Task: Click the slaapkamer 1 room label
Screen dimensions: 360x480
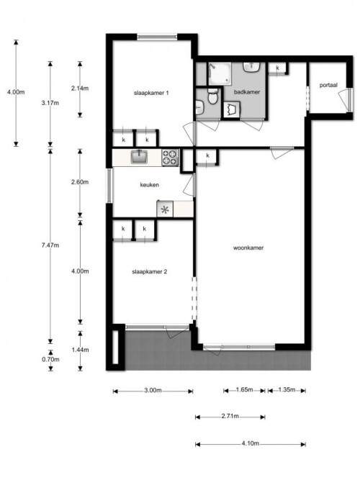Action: point(151,93)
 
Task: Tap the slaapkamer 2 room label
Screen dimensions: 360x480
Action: point(150,271)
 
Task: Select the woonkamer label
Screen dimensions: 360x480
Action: point(248,248)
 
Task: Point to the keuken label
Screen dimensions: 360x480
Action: point(150,185)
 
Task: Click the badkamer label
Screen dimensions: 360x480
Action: point(247,92)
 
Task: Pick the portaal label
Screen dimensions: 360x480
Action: point(328,85)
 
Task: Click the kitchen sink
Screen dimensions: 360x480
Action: point(139,157)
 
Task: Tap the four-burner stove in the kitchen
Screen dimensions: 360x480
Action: point(170,158)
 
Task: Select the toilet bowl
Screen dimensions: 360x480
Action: point(212,96)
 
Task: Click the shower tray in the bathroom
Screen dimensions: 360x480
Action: point(220,74)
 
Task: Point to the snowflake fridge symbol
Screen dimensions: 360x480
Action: point(165,209)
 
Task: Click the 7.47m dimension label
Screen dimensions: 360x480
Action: point(50,245)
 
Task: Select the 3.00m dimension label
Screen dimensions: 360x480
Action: point(153,391)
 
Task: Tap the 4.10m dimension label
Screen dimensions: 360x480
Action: point(251,443)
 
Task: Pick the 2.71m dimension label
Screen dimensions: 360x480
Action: point(230,416)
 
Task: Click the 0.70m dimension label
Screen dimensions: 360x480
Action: point(50,359)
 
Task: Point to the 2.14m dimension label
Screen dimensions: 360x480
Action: point(80,89)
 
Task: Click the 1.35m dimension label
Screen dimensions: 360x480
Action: point(287,390)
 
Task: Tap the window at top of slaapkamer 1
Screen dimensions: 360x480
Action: point(157,37)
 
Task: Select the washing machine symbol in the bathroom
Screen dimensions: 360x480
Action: point(232,109)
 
